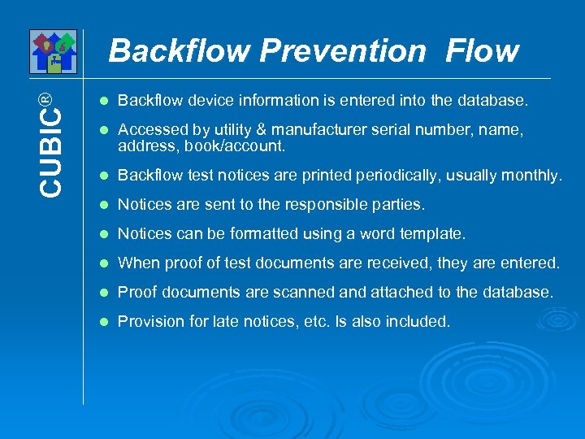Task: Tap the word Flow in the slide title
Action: coord(482,51)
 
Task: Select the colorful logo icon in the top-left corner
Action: coord(53,52)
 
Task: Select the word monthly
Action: coord(533,176)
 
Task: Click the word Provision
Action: coord(149,322)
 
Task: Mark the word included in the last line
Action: coord(418,322)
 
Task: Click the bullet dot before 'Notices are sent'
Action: coord(102,205)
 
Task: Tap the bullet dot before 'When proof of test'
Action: coord(102,263)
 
